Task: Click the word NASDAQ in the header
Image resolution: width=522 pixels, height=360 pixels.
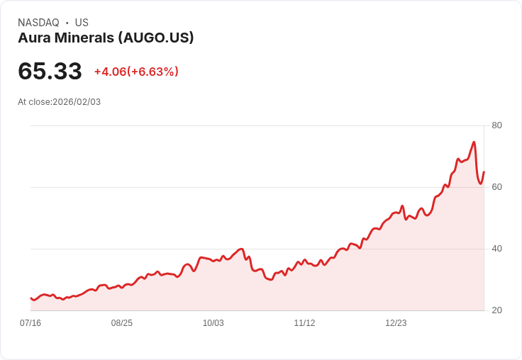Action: [x=38, y=23]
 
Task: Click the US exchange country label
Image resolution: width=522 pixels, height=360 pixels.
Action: [x=82, y=23]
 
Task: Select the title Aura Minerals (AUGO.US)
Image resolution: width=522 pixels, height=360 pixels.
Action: [x=106, y=38]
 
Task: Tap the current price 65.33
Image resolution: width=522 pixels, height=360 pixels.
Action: [x=50, y=71]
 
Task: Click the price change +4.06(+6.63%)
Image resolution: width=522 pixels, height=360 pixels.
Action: [x=136, y=72]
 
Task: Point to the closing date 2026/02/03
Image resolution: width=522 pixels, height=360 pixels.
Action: [x=77, y=102]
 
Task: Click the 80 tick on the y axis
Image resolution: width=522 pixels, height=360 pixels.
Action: [x=496, y=125]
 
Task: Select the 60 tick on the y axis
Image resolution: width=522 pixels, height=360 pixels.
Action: [x=496, y=187]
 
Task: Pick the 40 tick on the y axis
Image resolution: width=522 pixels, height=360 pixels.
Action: [x=496, y=249]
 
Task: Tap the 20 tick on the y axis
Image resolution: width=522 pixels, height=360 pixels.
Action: [x=496, y=310]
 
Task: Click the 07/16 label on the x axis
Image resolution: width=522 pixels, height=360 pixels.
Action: [x=30, y=323]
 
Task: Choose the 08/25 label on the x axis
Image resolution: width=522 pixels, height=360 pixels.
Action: [x=122, y=323]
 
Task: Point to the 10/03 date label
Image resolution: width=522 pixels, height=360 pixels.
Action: [x=213, y=323]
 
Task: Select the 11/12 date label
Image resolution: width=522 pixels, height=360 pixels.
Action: [x=304, y=323]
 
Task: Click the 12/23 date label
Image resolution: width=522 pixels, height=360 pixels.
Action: [x=396, y=323]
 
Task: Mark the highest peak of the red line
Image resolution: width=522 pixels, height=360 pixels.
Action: [x=474, y=142]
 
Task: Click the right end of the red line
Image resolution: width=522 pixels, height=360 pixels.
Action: [x=484, y=172]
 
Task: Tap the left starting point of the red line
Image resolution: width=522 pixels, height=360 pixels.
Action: [x=31, y=298]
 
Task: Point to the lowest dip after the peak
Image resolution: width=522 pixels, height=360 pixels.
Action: [x=480, y=184]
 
